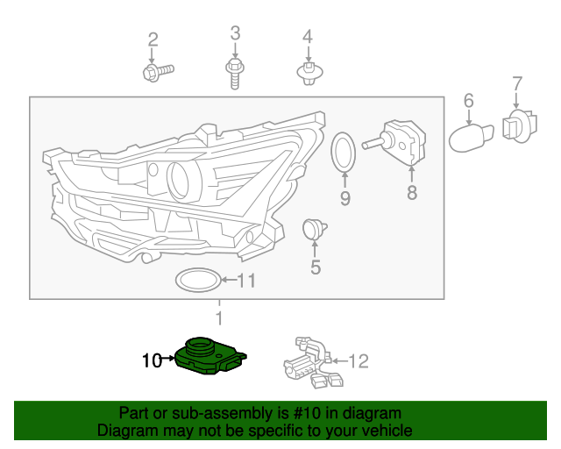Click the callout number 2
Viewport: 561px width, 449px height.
pyautogui.click(x=153, y=39)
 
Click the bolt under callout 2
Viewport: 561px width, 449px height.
pyautogui.click(x=158, y=71)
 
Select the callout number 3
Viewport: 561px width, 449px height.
pyautogui.click(x=235, y=33)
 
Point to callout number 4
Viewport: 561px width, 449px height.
pyautogui.click(x=308, y=37)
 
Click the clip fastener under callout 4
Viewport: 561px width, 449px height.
pyautogui.click(x=308, y=72)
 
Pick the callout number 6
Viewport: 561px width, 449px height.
pyautogui.click(x=468, y=100)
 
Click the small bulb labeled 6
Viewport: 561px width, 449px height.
pyautogui.click(x=472, y=135)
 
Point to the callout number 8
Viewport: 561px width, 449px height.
pyautogui.click(x=412, y=192)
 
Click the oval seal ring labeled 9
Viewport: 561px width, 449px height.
pyautogui.click(x=344, y=153)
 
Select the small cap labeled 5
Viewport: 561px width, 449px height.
pyautogui.click(x=312, y=231)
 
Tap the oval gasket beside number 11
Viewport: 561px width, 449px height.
pyautogui.click(x=197, y=281)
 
